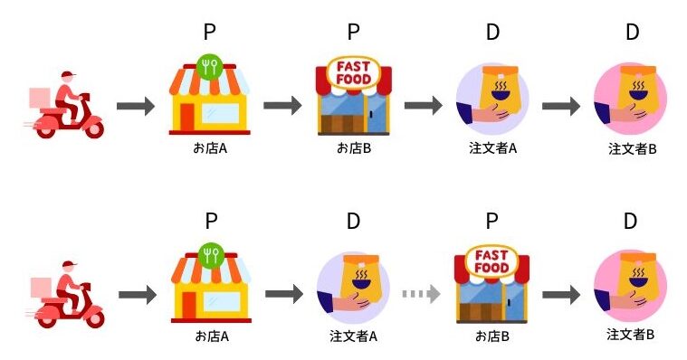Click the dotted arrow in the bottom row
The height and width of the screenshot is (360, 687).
(421, 294)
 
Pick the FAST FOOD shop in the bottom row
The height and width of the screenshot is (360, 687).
(491, 283)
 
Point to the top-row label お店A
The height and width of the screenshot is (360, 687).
(209, 147)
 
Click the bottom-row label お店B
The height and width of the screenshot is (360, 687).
(492, 336)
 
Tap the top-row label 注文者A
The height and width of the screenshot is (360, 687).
(492, 147)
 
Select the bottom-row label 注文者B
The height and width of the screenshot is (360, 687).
(631, 335)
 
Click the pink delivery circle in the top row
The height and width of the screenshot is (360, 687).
(631, 100)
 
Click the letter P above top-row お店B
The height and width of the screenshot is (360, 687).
(354, 33)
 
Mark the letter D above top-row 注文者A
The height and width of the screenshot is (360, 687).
(492, 33)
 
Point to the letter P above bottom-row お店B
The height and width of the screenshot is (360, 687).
(491, 221)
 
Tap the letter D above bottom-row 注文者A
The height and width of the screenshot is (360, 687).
(354, 221)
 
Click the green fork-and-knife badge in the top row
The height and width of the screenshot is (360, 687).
(210, 67)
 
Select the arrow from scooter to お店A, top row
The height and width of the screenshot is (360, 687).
(136, 106)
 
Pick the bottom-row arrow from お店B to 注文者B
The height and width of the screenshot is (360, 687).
(561, 294)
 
